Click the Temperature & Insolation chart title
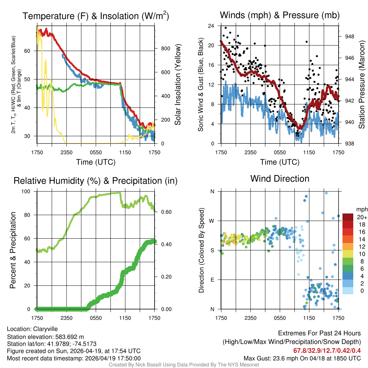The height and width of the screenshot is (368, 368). click(96, 16)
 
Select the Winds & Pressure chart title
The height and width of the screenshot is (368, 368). click(280, 15)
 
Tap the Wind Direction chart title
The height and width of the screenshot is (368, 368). click(280, 179)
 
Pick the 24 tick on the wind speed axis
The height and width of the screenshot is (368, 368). click(211, 26)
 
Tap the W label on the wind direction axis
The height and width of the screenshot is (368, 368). click(212, 221)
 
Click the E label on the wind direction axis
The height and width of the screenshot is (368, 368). click(212, 280)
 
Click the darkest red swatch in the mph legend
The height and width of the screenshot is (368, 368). click(348, 217)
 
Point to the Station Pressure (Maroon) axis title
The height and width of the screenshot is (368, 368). click(362, 85)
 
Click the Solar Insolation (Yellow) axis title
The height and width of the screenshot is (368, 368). click(178, 85)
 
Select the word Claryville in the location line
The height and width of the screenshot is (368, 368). click(45, 329)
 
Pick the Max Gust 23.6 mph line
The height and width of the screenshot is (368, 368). click(302, 358)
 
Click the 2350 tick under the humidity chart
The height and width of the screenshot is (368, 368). click(66, 317)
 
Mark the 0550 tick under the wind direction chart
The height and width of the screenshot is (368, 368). click(280, 317)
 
